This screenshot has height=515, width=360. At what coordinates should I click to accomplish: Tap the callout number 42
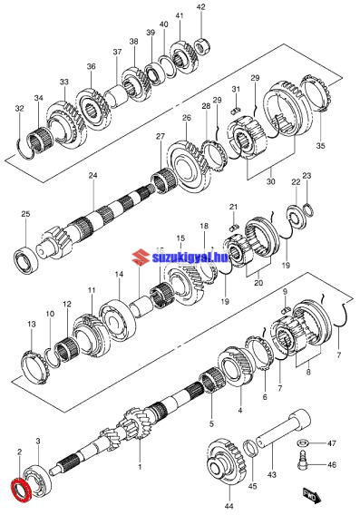pyautogui.click(x=200, y=6)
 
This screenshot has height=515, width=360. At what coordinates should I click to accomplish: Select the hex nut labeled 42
pyautogui.click(x=202, y=45)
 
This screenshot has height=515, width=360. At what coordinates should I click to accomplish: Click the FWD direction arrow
pyautogui.click(x=311, y=495)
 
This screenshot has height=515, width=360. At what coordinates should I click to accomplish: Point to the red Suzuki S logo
pyautogui.click(x=141, y=257)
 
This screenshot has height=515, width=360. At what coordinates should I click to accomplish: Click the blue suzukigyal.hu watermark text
pyautogui.click(x=190, y=257)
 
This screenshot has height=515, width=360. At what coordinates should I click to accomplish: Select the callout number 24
pyautogui.click(x=92, y=175)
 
